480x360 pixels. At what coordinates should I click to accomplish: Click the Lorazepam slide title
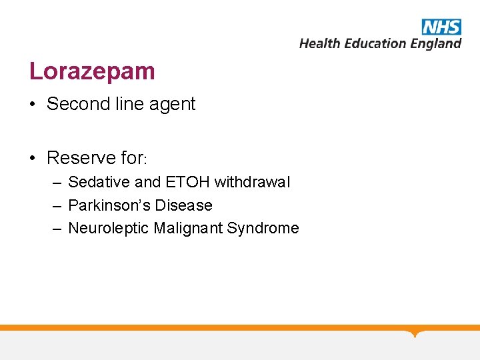coord(92,71)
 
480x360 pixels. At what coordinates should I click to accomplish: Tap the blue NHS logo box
coord(441,27)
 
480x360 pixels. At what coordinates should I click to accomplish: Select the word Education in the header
coord(375,43)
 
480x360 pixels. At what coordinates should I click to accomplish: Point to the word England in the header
coord(435,44)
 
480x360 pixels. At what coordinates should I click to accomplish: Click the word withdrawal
coord(252,182)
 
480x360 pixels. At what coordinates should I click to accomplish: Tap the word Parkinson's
coord(107,205)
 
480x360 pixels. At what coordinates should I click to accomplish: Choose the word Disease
coord(185,205)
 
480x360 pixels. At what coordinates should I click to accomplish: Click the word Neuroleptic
coord(109,229)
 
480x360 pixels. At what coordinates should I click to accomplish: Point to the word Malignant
coord(189,229)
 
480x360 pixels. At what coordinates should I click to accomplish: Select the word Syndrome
coord(263,229)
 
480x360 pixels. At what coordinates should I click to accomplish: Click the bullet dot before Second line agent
coord(33,105)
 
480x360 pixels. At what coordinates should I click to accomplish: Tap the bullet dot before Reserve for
coord(33,158)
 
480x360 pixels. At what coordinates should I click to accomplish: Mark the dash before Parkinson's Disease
coord(58,205)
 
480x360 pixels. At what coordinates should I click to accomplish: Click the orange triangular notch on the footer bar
coord(416,333)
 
